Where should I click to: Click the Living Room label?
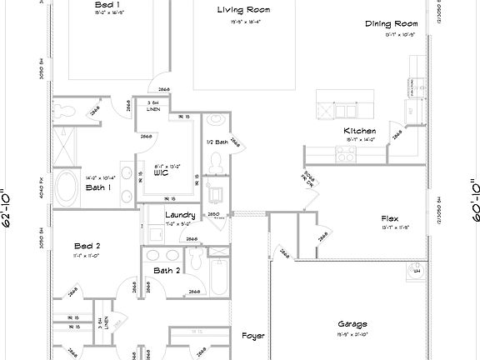(x=244, y=10)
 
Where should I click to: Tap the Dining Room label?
(x=391, y=24)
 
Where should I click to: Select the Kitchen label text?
(x=360, y=131)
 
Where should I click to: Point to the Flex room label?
(x=390, y=218)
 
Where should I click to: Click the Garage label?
(x=352, y=324)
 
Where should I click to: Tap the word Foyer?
(x=253, y=336)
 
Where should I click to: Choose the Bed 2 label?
(x=87, y=247)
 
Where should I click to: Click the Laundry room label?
(x=180, y=215)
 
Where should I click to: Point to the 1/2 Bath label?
(x=217, y=142)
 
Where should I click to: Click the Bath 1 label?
(x=98, y=187)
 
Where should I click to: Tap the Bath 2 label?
(x=167, y=271)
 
